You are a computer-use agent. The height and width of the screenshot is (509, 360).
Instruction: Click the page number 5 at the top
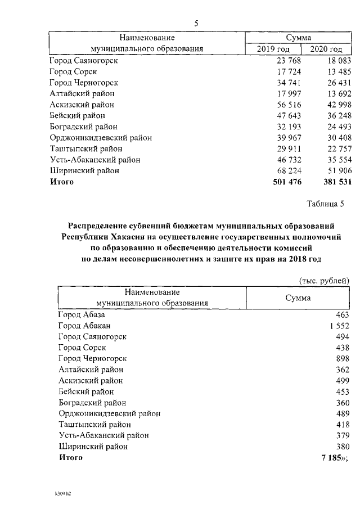pyautogui.click(x=196, y=24)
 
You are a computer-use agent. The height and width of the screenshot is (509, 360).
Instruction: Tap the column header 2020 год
pyautogui.click(x=327, y=49)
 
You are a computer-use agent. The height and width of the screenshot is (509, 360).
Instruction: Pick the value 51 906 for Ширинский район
pyautogui.click(x=334, y=171)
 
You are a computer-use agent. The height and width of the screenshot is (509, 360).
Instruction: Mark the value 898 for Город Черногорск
pyautogui.click(x=343, y=358)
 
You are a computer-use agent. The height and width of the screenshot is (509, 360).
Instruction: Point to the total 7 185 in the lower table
pyautogui.click(x=331, y=457)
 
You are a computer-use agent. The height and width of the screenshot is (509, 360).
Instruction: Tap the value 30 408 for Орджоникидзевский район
pyautogui.click(x=334, y=138)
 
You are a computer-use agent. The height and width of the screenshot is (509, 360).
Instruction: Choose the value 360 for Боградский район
pyautogui.click(x=343, y=402)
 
